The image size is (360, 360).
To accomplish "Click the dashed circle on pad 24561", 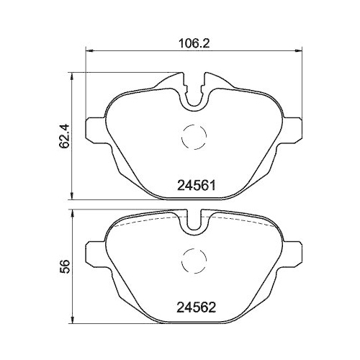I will tap(192, 134).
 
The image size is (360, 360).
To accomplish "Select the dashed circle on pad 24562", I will tap(192, 261).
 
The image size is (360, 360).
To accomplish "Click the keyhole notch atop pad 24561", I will tap(192, 92).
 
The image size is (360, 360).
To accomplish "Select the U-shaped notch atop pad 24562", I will tap(192, 221).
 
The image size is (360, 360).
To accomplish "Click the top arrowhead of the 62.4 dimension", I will tap(72, 73).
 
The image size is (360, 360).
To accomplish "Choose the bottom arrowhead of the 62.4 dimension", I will tap(72, 197).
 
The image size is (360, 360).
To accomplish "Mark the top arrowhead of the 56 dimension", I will tap(72, 212).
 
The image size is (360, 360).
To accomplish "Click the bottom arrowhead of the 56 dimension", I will tap(72, 323).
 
